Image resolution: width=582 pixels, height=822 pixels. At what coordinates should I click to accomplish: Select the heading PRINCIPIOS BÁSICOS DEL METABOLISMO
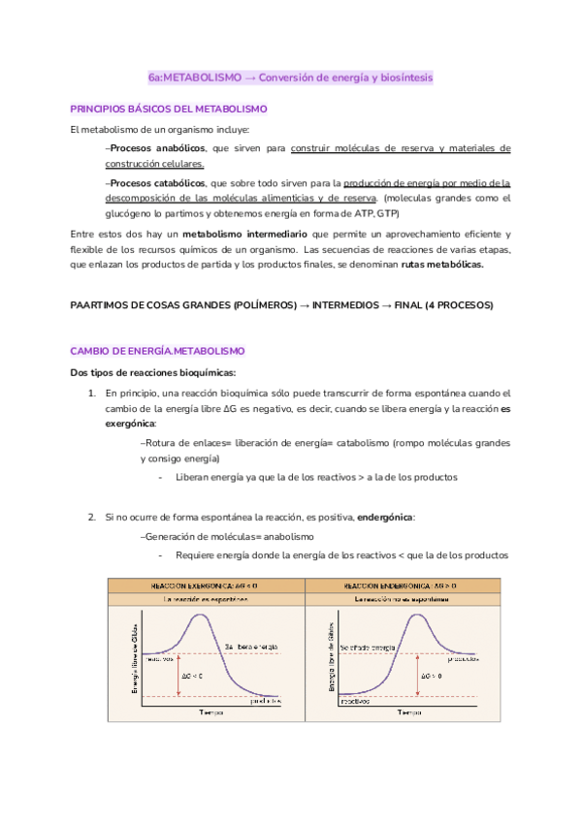tap(169, 110)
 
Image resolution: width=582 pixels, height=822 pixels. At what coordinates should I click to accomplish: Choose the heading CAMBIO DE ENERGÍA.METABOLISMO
tap(158, 350)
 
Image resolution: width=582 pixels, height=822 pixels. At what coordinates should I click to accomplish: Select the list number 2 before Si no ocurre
tap(92, 518)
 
